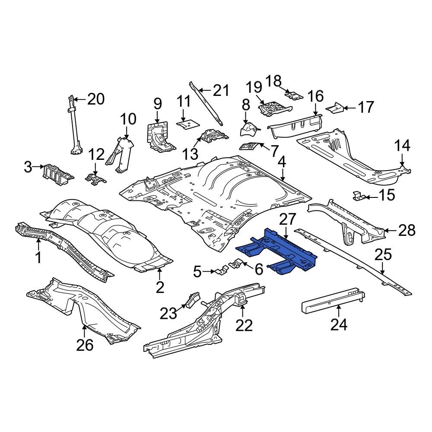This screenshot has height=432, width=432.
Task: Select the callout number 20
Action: click(96, 99)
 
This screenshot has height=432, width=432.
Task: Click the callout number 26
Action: click(85, 345)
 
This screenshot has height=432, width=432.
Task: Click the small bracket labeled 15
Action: click(358, 196)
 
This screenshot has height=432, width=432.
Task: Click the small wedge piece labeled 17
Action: click(336, 107)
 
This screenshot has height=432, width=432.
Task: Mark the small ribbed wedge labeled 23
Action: click(193, 299)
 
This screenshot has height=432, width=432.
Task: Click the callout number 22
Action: click(244, 324)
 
